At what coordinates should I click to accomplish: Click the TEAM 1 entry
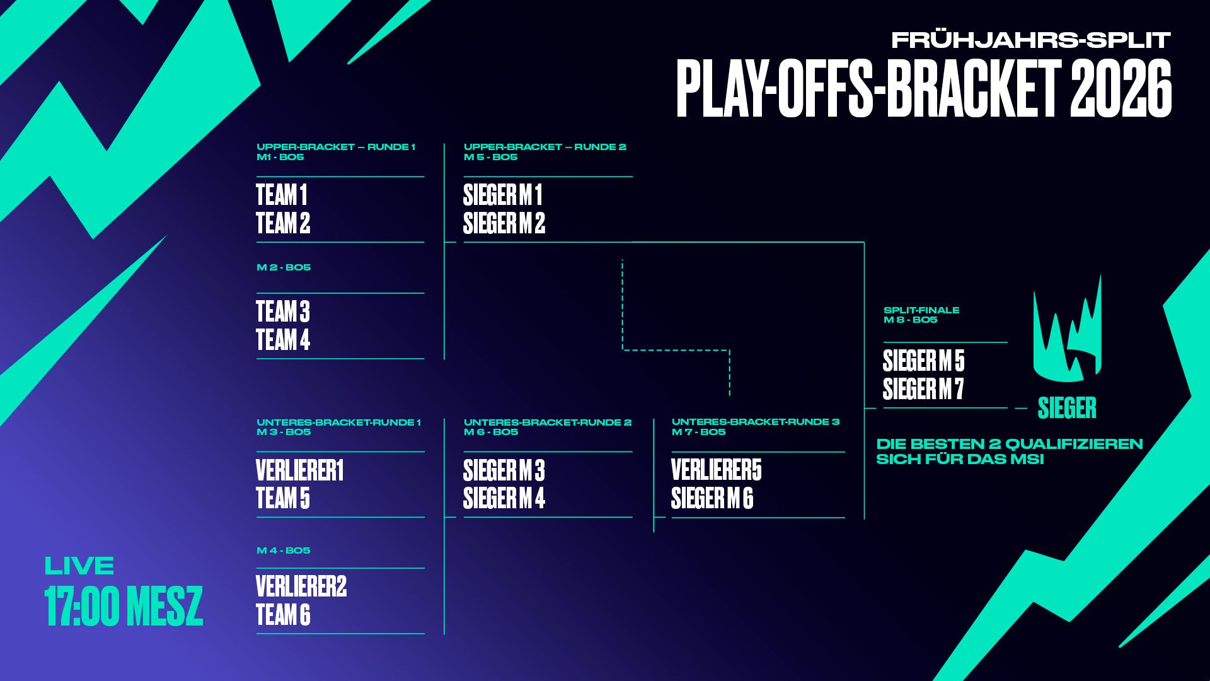pos(282,195)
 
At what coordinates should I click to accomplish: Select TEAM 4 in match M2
pos(283,340)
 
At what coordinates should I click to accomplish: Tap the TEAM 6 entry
pos(283,615)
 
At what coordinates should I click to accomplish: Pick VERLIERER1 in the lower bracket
pos(300,470)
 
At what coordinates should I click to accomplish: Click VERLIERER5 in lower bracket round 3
pos(717,470)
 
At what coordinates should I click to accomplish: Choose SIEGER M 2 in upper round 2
pos(504,223)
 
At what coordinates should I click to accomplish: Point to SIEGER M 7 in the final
pos(923,389)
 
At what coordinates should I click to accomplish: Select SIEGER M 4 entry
pos(504,499)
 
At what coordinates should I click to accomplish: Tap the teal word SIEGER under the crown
pos(1067,408)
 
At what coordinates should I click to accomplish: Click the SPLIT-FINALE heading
pos(921,310)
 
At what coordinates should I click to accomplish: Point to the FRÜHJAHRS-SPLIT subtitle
pos(1031,40)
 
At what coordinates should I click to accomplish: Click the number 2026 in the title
pos(1121,88)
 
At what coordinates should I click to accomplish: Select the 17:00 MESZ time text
pos(124,606)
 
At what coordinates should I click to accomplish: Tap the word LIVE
pos(79,566)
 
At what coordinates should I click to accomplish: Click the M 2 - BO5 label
pos(284,267)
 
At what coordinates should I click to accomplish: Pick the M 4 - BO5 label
pos(284,550)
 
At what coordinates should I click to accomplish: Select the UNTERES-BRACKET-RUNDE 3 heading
pos(756,422)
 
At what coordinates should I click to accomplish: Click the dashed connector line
pos(676,349)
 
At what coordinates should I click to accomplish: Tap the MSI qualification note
pos(1010,451)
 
